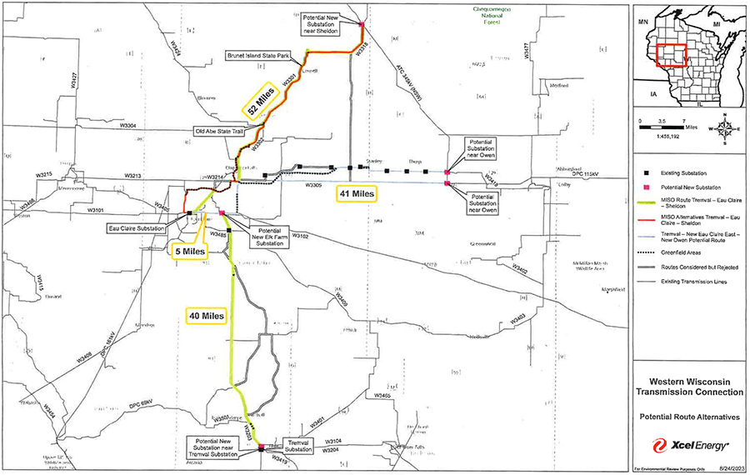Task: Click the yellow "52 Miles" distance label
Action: click(260, 101)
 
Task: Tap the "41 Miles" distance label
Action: click(357, 193)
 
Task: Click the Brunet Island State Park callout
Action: click(259, 55)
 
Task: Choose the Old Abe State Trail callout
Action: click(222, 131)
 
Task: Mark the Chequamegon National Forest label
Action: click(472, 16)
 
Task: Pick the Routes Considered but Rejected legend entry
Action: click(699, 267)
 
